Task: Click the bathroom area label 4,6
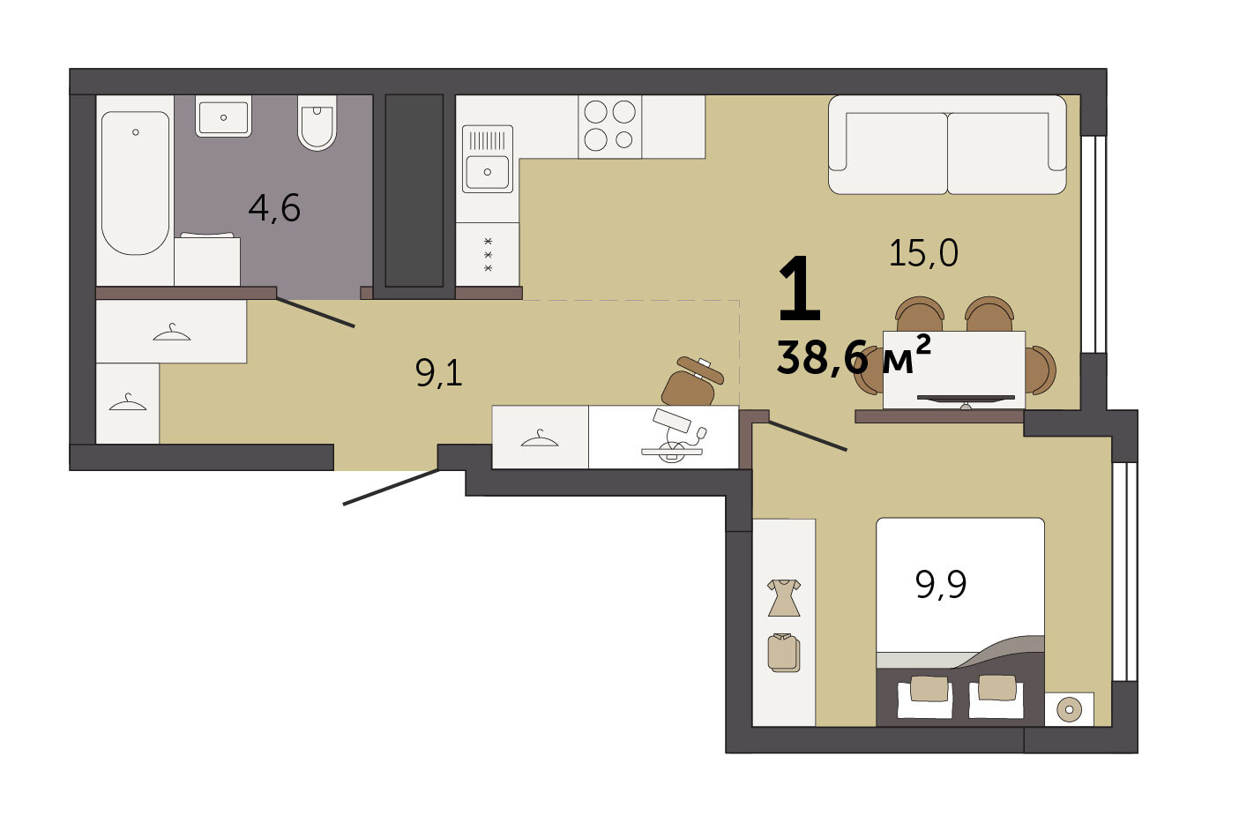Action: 274,208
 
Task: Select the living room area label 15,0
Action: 923,253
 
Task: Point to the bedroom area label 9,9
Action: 941,585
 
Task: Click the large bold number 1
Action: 799,288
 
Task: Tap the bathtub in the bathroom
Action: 136,183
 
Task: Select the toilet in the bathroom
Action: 317,123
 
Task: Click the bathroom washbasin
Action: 223,116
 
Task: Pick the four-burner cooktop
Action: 610,127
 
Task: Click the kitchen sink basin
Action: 488,172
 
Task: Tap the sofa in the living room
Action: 947,145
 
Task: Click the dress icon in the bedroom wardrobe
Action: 784,598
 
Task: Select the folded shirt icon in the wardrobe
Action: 784,653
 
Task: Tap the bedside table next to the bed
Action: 1069,709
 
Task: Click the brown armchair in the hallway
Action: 692,382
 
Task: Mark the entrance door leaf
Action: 391,487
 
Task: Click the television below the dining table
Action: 966,400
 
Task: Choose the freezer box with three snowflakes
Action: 488,254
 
